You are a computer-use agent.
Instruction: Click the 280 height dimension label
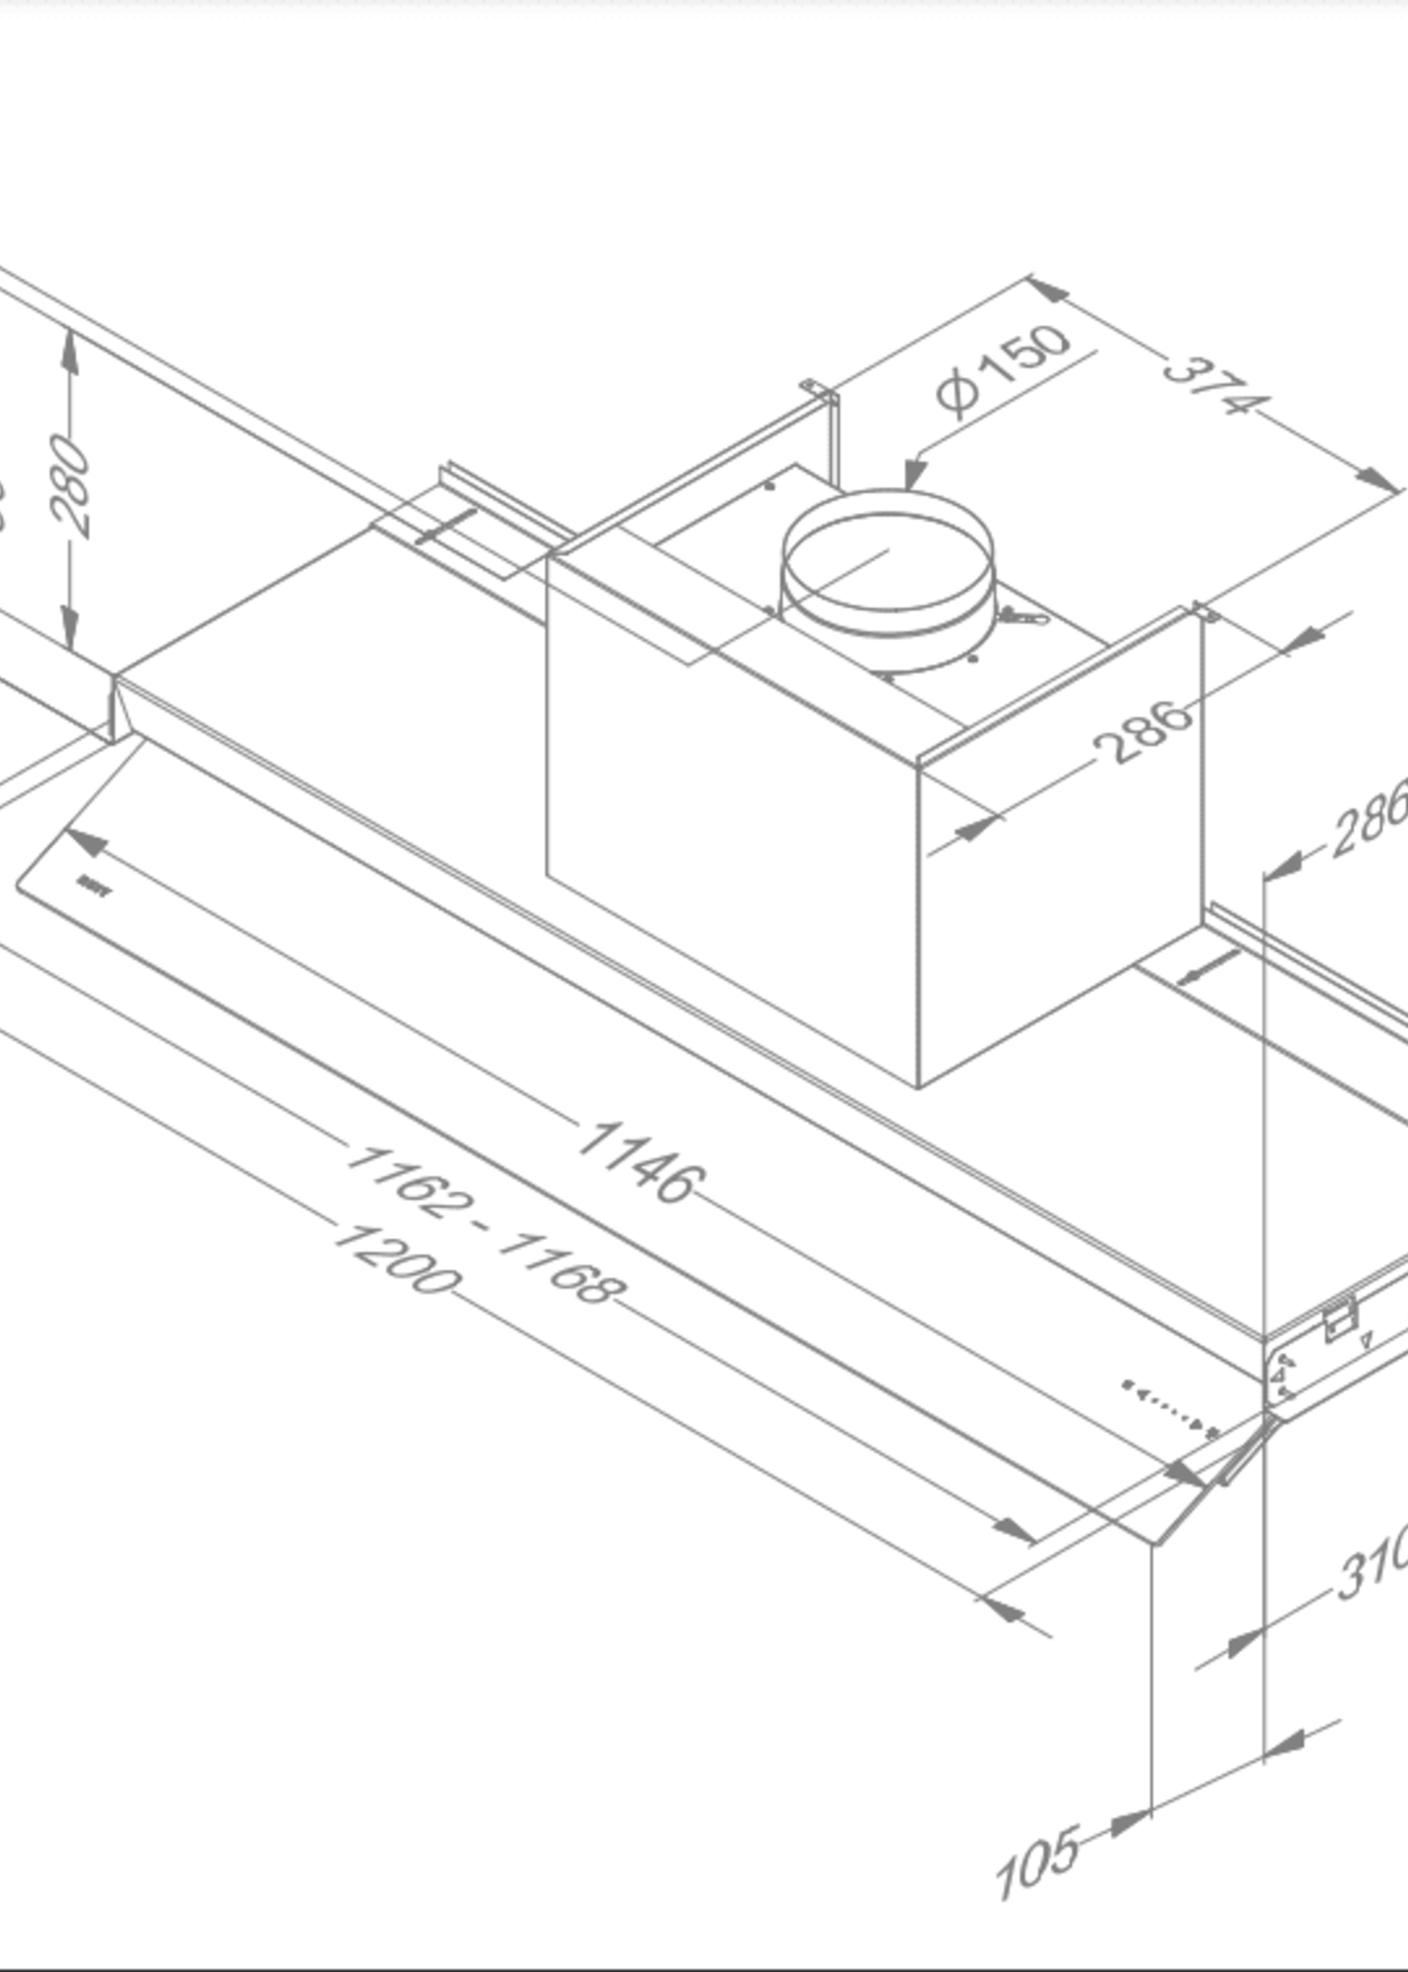69,486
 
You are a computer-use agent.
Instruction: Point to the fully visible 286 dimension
1141,732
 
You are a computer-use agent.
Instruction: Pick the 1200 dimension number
395,1259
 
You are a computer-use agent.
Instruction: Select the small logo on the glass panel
94,886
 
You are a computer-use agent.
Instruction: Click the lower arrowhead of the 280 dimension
69,627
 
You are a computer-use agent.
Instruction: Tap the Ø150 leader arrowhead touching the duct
914,475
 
